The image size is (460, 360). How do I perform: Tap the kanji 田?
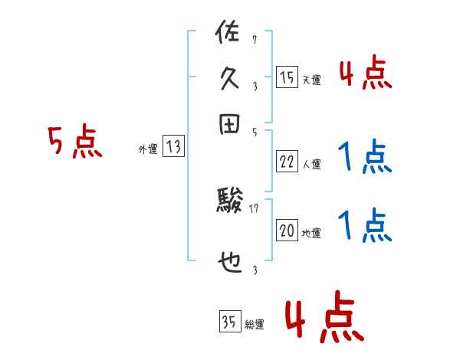[x=229, y=126]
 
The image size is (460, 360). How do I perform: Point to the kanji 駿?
[x=229, y=204]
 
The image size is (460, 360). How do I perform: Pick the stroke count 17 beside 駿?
[x=255, y=208]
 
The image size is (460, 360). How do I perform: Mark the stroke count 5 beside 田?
[x=254, y=133]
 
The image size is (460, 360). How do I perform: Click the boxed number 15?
[x=287, y=77]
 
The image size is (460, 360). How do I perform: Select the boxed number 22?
[x=287, y=161]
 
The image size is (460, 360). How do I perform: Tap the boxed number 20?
[x=287, y=231]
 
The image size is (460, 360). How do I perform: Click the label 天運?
[x=311, y=80]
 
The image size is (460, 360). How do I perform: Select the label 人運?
[x=311, y=164]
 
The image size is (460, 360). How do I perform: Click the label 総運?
[x=255, y=325]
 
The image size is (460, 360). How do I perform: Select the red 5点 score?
[x=74, y=142]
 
